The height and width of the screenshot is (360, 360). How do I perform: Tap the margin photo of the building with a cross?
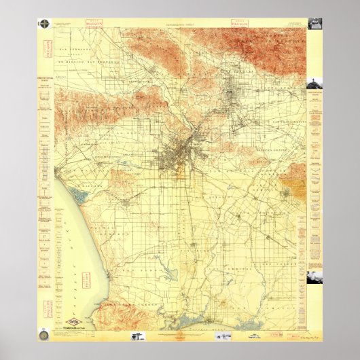point(314,84)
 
